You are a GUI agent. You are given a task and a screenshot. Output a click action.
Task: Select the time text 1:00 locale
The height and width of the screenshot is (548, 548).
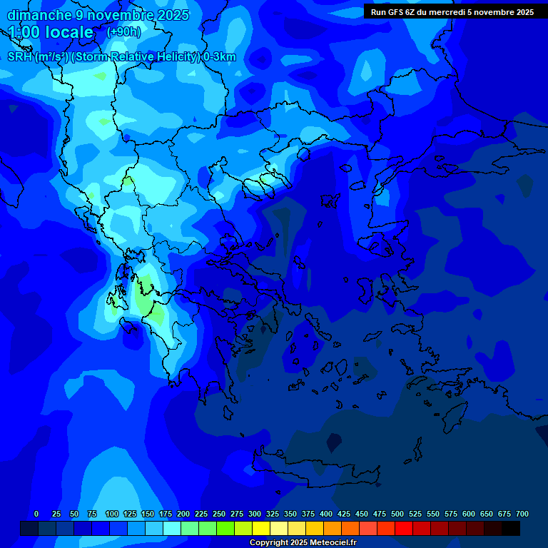pyautogui.click(x=51, y=32)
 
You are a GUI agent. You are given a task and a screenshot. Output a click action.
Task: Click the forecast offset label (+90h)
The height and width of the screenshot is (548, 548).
pyautogui.click(x=123, y=32)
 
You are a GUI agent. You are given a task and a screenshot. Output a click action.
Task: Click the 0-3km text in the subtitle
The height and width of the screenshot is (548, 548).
pyautogui.click(x=219, y=57)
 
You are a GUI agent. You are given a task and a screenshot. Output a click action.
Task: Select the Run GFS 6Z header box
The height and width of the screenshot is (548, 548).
pyautogui.click(x=452, y=12)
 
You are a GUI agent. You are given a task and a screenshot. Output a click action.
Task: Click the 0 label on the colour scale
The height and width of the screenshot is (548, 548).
pyautogui.click(x=36, y=514)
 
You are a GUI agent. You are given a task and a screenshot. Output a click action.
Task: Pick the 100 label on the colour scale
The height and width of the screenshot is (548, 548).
pyautogui.click(x=112, y=514)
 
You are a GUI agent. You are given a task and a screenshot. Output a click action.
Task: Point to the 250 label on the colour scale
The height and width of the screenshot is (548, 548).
pyautogui.click(x=219, y=514)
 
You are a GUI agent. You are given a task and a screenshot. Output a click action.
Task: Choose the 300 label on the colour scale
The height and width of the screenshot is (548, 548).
pyautogui.click(x=255, y=514)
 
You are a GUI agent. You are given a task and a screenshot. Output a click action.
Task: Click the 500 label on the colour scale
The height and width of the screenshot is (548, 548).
pyautogui.click(x=397, y=514)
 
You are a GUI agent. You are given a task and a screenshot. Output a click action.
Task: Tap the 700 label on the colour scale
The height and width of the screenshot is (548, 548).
pyautogui.click(x=522, y=514)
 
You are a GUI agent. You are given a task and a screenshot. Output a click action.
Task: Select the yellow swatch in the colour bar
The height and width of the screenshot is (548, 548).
pyautogui.click(x=261, y=528)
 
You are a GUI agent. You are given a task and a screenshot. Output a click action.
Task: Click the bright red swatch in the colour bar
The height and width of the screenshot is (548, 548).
pyautogui.click(x=404, y=528)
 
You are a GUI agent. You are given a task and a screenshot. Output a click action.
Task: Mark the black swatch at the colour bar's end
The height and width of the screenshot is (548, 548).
pyautogui.click(x=511, y=528)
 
